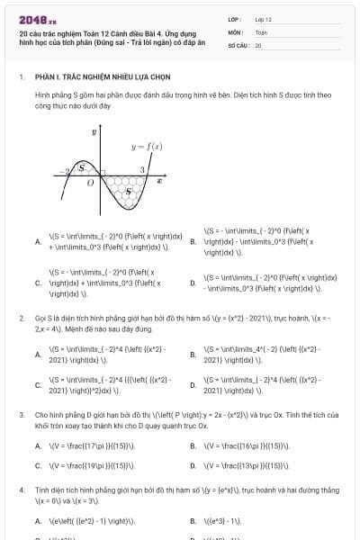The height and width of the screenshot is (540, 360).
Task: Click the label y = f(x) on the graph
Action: coord(146,145)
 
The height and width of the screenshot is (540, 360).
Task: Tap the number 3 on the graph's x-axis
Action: coord(142,169)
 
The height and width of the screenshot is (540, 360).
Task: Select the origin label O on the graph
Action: coord(89,183)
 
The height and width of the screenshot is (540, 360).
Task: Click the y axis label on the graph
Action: coord(94,132)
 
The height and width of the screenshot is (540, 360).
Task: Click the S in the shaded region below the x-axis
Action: coord(127,190)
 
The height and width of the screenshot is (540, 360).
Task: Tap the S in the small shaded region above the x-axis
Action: coord(83,167)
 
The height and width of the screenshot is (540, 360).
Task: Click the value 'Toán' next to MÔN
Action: coord(261,31)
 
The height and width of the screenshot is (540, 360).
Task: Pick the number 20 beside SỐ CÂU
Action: coord(258,44)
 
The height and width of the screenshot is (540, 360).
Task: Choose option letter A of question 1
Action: coord(37,240)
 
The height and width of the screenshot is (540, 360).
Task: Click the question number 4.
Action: coord(21,490)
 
